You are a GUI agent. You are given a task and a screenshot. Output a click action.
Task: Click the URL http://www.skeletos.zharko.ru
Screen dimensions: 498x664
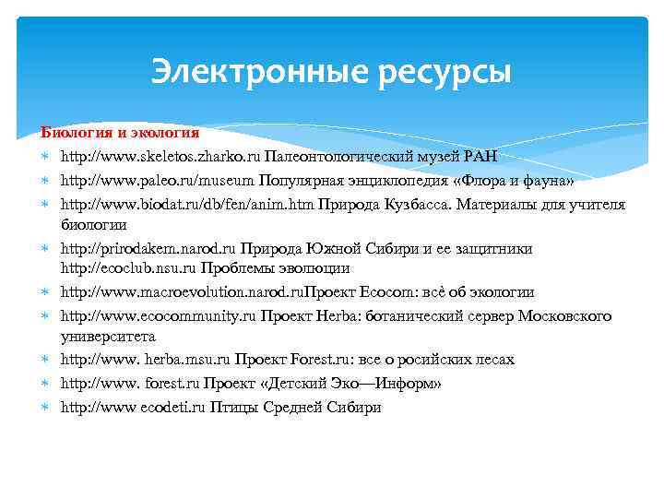pyautogui.click(x=160, y=156)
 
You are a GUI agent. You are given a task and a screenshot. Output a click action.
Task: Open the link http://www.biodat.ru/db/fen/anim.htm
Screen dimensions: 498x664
pyautogui.click(x=187, y=203)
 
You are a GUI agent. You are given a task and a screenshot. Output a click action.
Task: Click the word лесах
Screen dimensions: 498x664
pyautogui.click(x=493, y=360)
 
